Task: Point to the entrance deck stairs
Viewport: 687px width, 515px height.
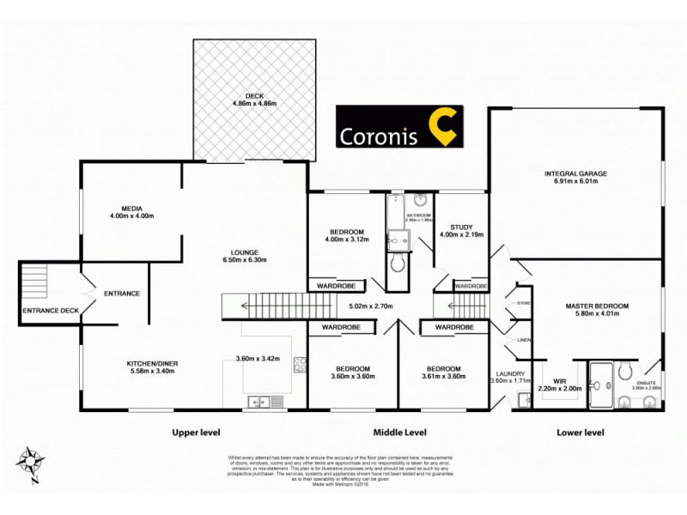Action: tap(34, 281)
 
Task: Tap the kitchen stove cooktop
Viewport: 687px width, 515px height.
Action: tap(299, 366)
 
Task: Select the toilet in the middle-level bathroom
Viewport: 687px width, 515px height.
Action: tap(398, 262)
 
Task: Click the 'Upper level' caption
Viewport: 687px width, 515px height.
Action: tap(199, 433)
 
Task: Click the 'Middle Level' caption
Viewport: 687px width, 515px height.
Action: tap(399, 433)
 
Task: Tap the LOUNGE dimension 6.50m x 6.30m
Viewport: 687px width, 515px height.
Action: tap(240, 260)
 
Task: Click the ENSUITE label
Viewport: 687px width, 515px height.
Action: tap(648, 383)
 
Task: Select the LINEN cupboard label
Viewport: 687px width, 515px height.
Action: tap(524, 341)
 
